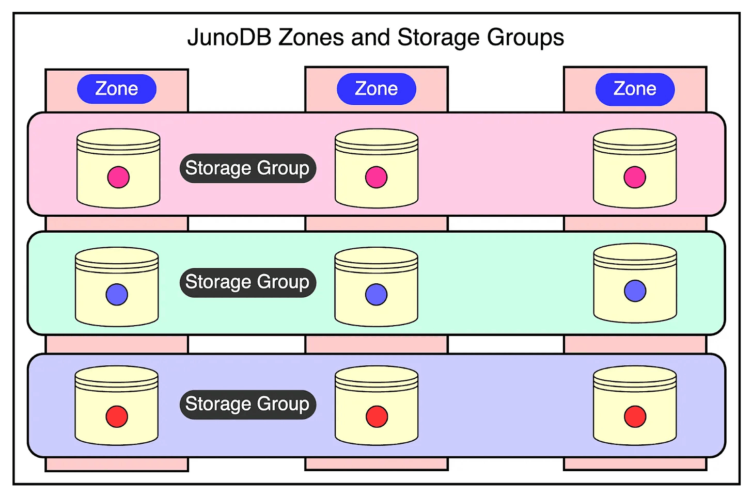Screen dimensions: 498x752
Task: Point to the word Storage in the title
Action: coord(438,38)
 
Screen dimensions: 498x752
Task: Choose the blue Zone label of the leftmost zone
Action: coord(117,89)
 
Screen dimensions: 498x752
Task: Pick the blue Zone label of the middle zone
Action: coord(377,89)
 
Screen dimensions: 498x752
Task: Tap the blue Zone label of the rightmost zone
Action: coord(635,89)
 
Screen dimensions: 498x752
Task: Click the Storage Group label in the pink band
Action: coord(247,168)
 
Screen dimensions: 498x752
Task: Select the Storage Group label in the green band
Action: coord(247,282)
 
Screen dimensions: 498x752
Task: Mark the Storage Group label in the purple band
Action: coord(247,404)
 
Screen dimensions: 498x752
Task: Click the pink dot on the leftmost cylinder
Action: coord(118,177)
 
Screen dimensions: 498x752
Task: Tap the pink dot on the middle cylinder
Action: coord(376,177)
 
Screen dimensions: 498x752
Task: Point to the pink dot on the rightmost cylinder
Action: coord(635,177)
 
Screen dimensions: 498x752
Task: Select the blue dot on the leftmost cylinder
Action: coord(117,294)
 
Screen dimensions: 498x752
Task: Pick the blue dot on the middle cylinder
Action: coord(376,294)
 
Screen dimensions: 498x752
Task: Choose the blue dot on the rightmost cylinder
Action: coord(635,291)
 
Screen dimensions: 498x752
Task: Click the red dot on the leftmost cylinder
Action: coord(117,416)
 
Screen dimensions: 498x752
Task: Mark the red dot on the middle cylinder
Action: coord(377,416)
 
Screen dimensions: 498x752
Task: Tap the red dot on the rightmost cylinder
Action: coord(635,416)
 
